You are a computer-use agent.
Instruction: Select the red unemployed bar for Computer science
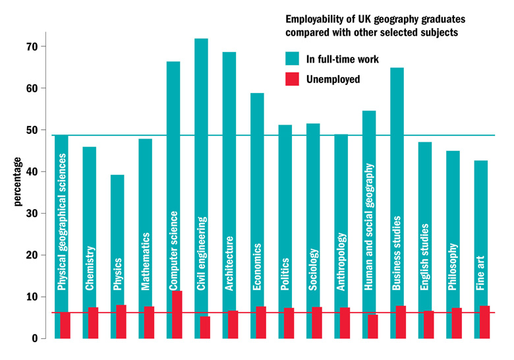point(177,315)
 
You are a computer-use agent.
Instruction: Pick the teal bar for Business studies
point(397,132)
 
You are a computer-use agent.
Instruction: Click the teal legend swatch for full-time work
point(293,59)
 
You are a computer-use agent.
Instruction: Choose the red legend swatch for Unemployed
point(293,79)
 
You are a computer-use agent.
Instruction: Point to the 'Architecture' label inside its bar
point(229,263)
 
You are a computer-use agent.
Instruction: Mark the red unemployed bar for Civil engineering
point(205,327)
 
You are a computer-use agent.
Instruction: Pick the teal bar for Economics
point(257,165)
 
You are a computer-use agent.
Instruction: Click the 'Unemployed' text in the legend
point(333,79)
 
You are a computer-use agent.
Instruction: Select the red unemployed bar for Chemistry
point(93,322)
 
